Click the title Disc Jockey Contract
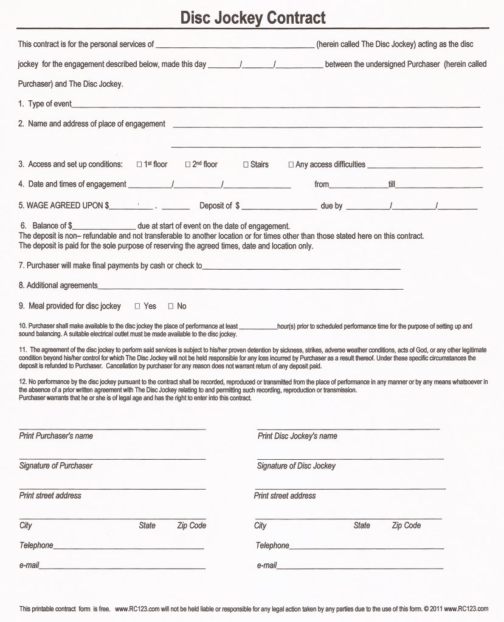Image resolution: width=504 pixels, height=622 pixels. [x=252, y=18]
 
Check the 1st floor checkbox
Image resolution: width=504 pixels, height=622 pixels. [x=139, y=165]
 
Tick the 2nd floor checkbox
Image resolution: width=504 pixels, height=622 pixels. [x=188, y=165]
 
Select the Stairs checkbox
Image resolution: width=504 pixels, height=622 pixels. [x=246, y=165]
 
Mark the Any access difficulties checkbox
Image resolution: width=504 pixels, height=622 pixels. [x=291, y=165]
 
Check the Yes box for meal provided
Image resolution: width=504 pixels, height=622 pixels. [x=137, y=306]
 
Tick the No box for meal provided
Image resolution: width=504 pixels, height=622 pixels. [x=171, y=306]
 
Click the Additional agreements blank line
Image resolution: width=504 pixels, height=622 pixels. [x=250, y=287]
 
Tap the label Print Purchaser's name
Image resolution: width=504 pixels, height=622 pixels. [x=56, y=436]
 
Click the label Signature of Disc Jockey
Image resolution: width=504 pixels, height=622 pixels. [x=296, y=466]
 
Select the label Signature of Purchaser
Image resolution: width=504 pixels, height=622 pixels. [x=56, y=466]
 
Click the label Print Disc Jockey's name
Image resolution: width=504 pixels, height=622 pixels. [x=297, y=436]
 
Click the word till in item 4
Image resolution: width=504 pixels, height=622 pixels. [x=392, y=185]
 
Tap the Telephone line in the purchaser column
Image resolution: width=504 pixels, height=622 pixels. [x=128, y=547]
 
